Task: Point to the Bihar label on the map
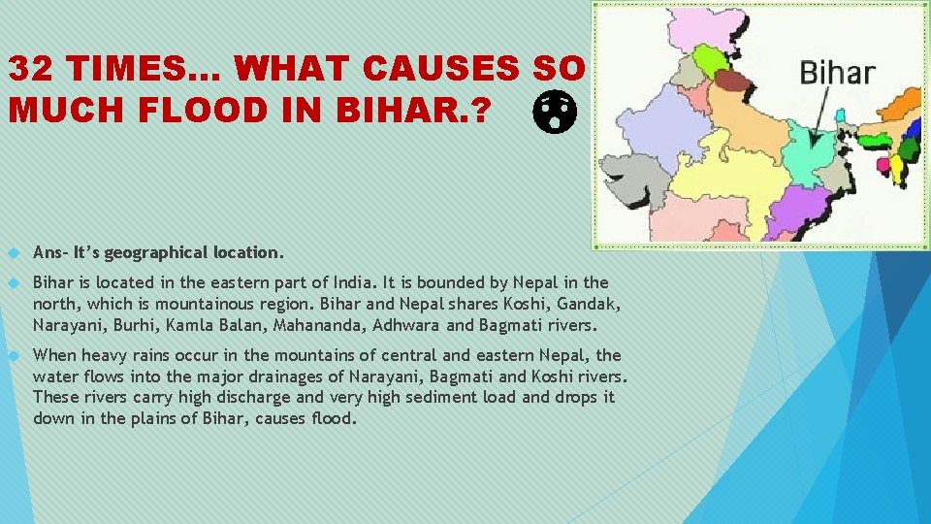coord(836,73)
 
